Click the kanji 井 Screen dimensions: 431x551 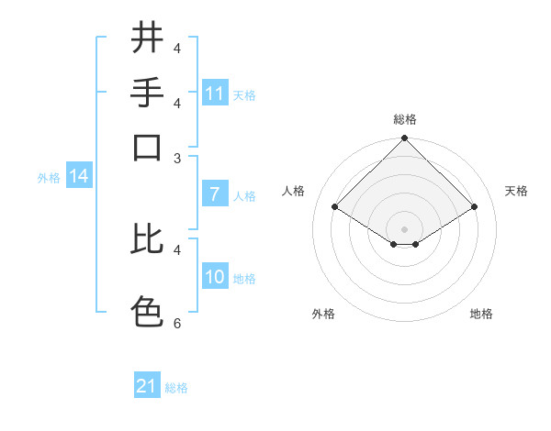click(146, 38)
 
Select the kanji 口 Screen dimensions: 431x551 click(146, 147)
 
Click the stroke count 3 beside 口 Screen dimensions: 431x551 click(177, 158)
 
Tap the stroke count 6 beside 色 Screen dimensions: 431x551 click(177, 324)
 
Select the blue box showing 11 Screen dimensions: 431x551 click(215, 94)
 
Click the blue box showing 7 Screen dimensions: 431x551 click(215, 194)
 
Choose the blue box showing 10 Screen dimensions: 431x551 click(215, 277)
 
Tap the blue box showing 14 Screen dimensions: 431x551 click(78, 177)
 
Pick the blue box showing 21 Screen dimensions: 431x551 click(147, 386)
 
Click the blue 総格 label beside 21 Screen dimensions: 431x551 click(176, 388)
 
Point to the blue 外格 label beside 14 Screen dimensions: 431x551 click(49, 178)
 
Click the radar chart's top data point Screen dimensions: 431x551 click(404, 139)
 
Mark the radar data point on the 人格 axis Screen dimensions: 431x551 click(334, 207)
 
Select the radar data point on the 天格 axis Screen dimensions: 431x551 click(475, 207)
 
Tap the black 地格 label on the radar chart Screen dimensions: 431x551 click(481, 314)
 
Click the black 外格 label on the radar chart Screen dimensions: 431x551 click(323, 314)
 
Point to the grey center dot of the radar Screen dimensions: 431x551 click(404, 228)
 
